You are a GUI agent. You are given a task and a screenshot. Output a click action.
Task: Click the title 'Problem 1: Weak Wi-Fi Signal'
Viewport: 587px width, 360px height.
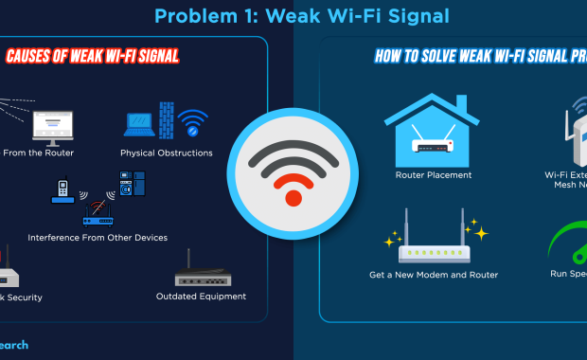point(301,15)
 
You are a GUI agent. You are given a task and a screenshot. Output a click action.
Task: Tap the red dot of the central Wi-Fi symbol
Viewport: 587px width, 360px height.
point(293,198)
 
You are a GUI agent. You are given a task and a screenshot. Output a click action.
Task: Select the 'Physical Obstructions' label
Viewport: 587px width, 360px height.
point(166,153)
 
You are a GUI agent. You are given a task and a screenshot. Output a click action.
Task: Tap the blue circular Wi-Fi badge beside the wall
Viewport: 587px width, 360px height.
point(194,122)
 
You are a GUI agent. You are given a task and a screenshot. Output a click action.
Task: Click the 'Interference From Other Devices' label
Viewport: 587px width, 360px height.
point(98,237)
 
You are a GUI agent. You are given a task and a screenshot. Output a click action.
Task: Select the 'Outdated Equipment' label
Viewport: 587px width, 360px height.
point(201,296)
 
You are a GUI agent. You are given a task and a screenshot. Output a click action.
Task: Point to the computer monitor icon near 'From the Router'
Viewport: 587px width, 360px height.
point(52,125)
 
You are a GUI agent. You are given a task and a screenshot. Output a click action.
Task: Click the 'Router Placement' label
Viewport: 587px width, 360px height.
point(434,175)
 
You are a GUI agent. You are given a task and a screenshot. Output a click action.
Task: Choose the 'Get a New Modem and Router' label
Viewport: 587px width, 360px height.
point(434,275)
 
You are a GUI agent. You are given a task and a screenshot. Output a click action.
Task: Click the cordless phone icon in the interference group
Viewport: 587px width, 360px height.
point(63,192)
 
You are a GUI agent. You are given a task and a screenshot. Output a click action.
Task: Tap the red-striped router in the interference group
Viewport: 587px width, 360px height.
point(98,214)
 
